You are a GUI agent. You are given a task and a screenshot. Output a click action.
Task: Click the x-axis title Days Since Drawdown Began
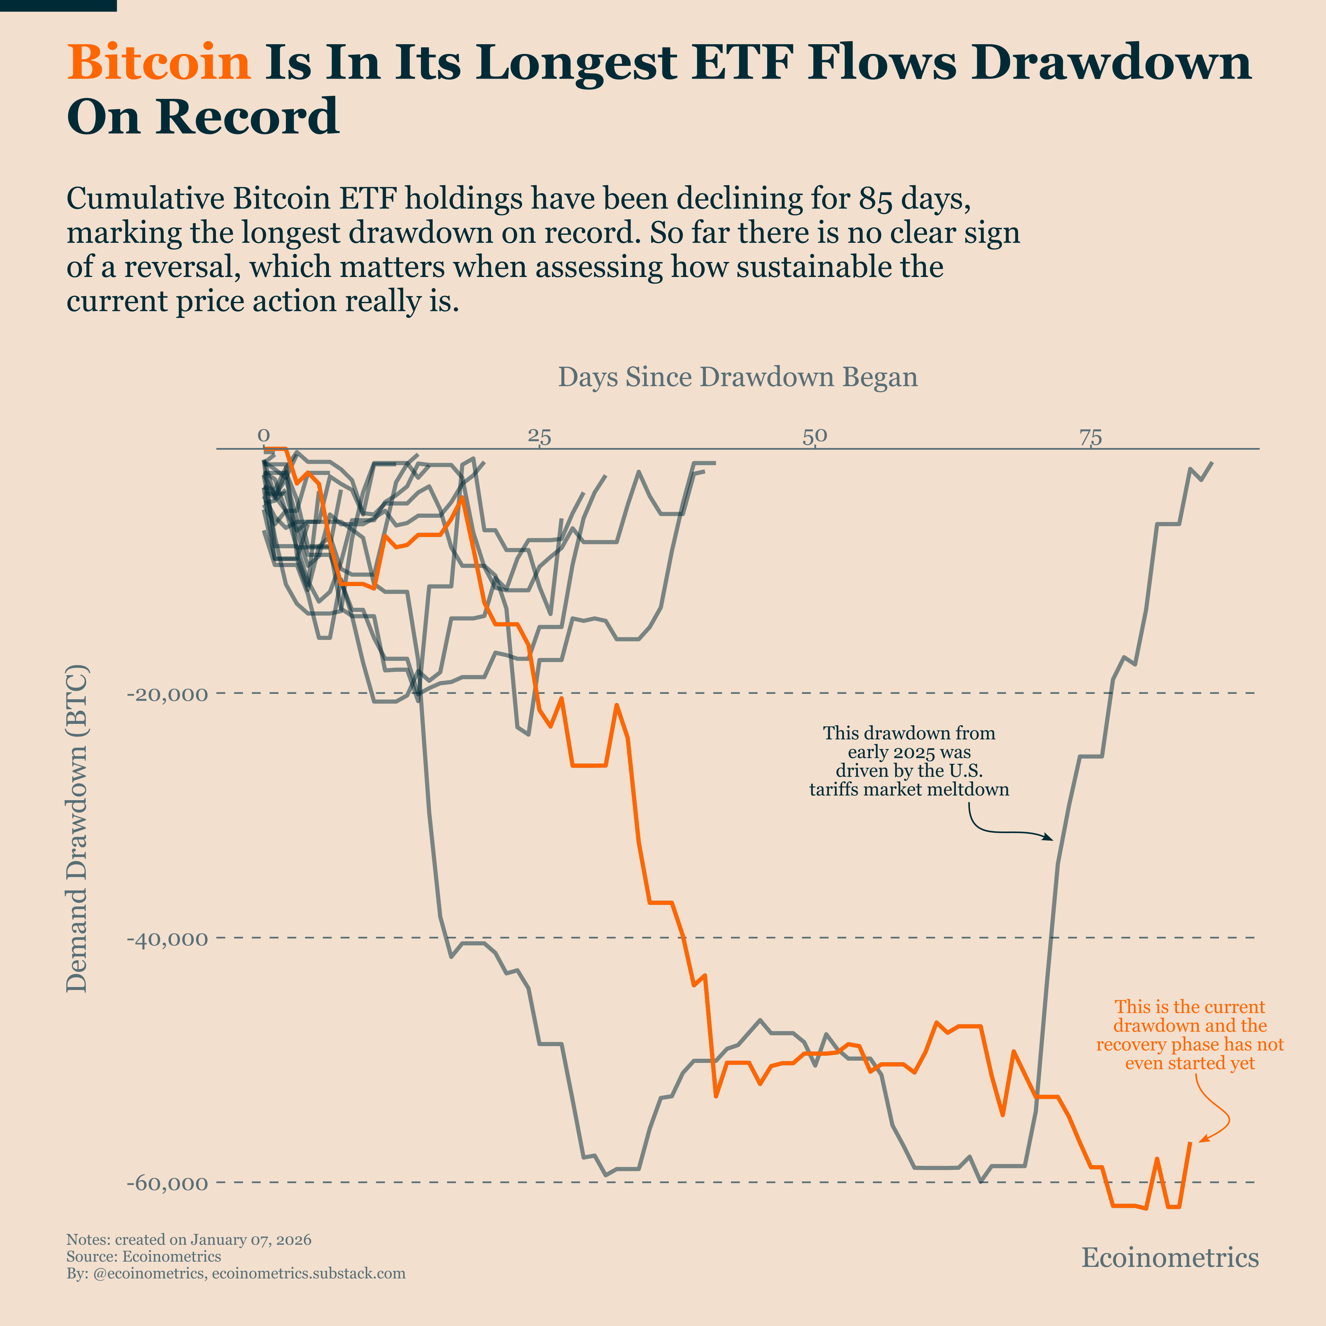737,378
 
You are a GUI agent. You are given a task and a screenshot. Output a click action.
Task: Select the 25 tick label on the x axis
539,435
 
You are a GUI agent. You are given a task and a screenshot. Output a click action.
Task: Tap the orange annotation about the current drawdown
1189,1035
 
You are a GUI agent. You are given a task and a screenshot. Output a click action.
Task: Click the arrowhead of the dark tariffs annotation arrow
1050,839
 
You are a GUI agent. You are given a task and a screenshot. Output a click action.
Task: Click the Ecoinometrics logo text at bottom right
1170,1258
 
